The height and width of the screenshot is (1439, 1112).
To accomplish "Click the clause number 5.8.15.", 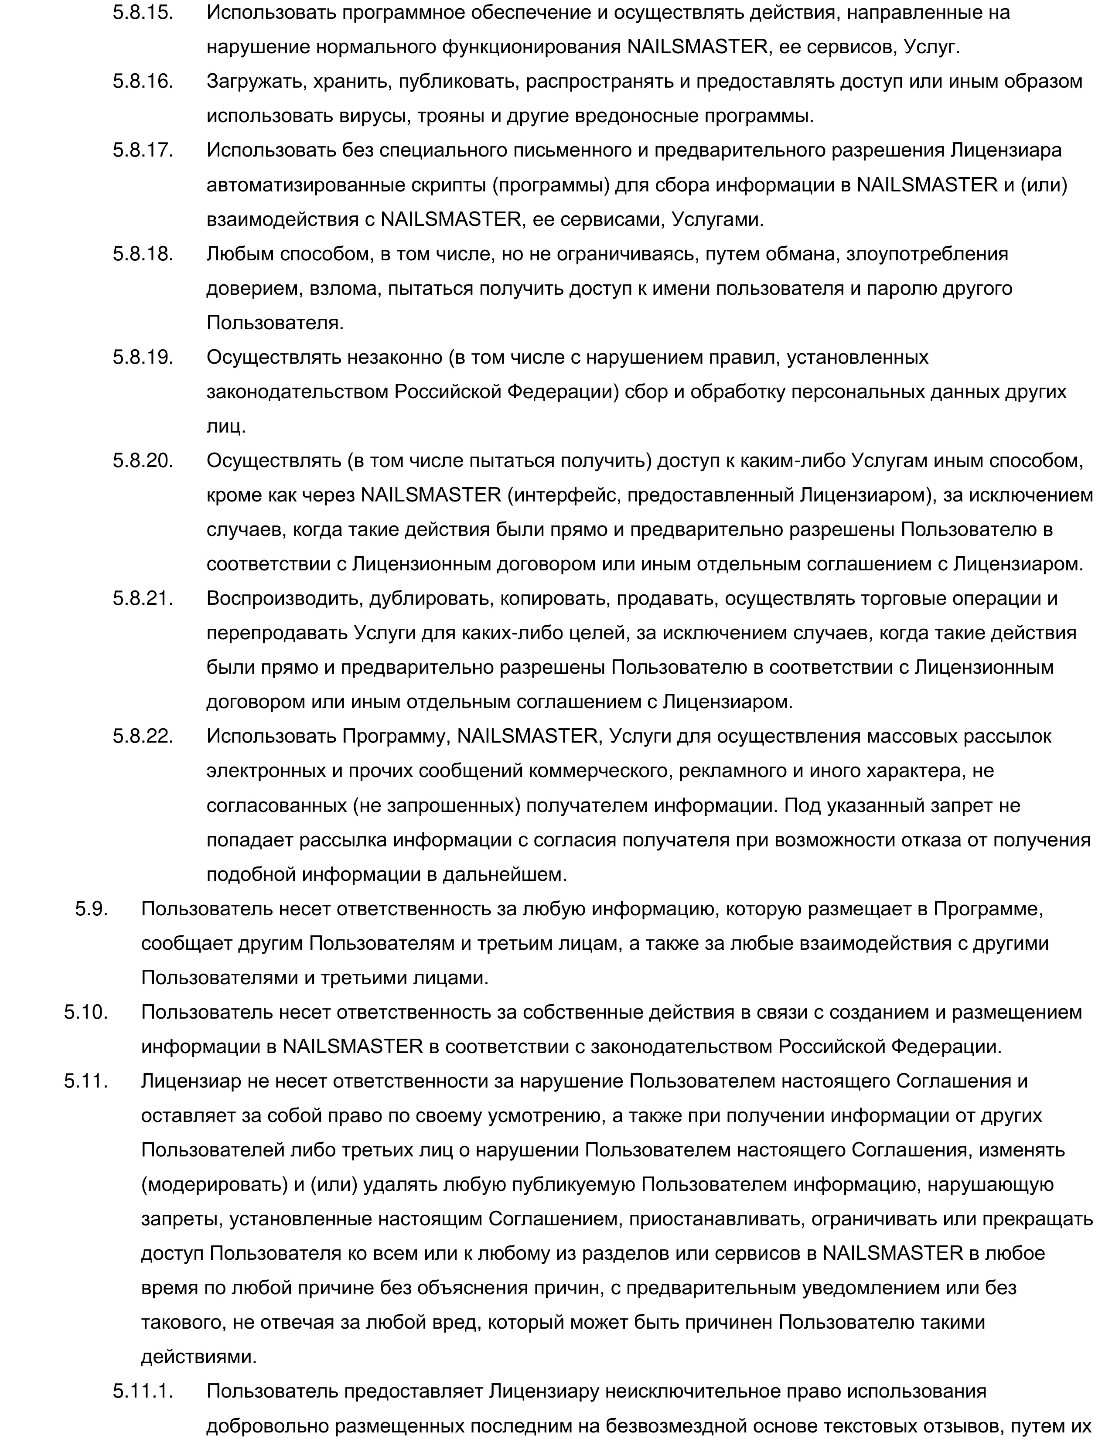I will pos(142,13).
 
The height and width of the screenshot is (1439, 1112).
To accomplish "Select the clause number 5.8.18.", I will pos(142,254).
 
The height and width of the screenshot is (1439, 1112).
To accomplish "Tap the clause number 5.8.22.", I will pos(142,737).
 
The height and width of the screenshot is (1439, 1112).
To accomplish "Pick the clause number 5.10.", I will pos(85,1012).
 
